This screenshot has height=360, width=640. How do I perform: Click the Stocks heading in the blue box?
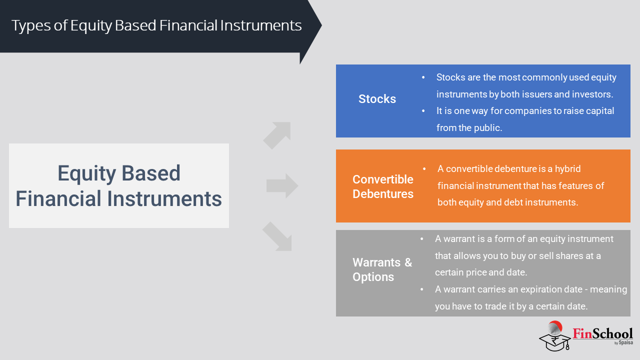point(377,99)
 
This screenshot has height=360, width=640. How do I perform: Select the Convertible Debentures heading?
point(383,186)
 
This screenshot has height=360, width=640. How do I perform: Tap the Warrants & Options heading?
point(382,269)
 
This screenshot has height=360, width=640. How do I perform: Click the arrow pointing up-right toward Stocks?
point(277,135)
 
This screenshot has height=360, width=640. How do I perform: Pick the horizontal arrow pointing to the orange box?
point(282,185)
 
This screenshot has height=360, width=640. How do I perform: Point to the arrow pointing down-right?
point(277,236)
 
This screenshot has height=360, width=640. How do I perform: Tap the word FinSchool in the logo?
point(602,333)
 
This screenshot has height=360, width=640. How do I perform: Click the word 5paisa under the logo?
point(625,342)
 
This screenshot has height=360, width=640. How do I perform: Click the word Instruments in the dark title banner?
point(261,25)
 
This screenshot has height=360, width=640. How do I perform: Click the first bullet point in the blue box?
point(423,77)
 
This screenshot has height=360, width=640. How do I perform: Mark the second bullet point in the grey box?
point(422,289)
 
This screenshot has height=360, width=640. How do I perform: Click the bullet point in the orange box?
point(424,169)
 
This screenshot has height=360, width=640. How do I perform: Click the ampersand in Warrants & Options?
point(408,262)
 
